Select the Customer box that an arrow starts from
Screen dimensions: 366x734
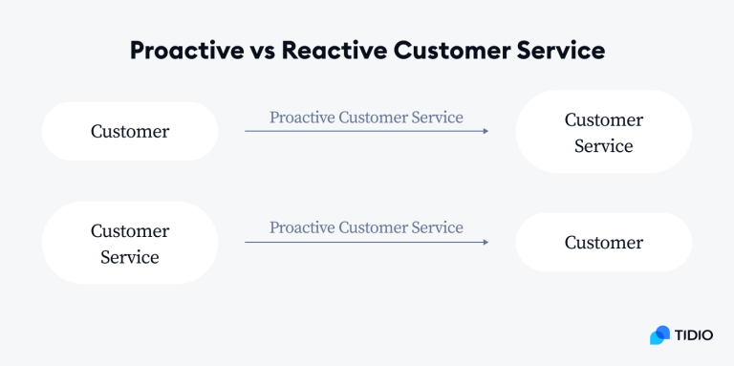130,131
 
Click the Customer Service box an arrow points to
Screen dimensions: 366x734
603,132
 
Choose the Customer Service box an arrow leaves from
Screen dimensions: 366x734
130,243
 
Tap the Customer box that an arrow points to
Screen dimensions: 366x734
603,243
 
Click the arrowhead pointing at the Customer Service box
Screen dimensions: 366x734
485,131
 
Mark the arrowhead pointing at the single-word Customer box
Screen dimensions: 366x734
485,242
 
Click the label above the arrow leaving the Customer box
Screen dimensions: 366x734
366,118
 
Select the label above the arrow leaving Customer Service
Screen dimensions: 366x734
366,227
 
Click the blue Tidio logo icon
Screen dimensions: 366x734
659,335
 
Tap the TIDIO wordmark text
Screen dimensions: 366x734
695,335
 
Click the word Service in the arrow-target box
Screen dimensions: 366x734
603,146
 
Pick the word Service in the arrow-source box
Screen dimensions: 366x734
130,257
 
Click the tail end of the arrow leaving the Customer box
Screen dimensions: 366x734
248,131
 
